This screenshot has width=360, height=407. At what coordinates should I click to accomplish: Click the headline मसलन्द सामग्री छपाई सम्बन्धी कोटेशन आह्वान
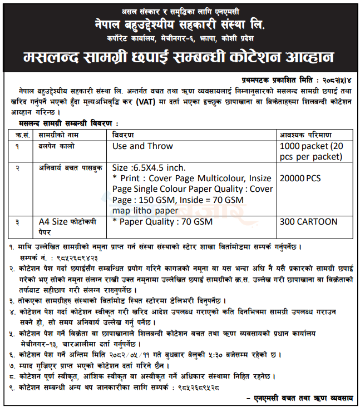180,57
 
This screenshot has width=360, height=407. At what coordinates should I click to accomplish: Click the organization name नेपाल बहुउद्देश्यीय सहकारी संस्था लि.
180,26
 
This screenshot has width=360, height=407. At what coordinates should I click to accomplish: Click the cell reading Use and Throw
142,146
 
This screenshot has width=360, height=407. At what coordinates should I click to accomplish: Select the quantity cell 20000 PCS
300,178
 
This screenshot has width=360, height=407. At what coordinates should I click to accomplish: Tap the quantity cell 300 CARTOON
309,221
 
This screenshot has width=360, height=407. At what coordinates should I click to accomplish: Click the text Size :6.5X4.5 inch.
149,167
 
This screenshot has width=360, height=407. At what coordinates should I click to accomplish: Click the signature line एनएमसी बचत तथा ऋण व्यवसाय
302,398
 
